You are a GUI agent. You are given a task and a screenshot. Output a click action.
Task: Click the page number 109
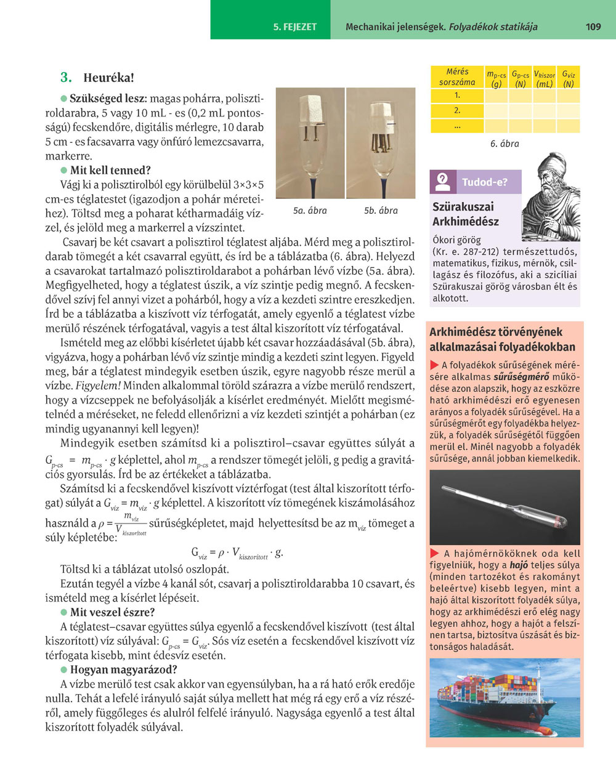[593, 26]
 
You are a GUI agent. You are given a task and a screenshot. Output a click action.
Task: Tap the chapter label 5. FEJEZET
[295, 27]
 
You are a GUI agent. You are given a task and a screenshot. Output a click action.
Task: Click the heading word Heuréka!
[108, 78]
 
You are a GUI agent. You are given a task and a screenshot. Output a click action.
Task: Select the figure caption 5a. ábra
[310, 211]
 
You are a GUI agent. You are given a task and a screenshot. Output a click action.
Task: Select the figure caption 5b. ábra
[381, 211]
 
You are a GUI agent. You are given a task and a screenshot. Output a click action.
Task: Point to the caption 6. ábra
[505, 144]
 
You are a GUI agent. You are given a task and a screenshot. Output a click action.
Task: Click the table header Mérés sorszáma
[457, 77]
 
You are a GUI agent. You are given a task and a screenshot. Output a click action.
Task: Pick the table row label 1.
[457, 95]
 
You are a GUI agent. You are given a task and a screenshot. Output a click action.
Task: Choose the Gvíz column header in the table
[568, 78]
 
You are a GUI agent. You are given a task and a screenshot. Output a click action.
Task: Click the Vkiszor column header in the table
[544, 78]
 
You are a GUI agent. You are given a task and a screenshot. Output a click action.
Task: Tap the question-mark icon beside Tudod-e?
[442, 182]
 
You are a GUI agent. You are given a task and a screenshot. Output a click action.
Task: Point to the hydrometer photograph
[505, 507]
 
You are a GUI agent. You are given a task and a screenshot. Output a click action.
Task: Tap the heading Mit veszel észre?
[112, 612]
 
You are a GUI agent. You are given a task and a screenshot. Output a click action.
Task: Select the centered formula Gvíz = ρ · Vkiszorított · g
[237, 552]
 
